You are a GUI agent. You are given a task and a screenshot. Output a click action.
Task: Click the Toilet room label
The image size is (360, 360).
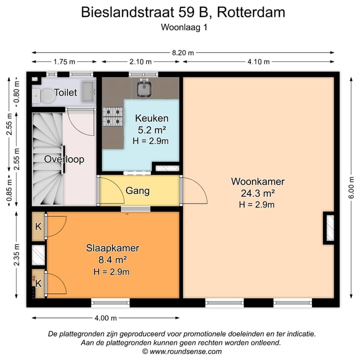65,92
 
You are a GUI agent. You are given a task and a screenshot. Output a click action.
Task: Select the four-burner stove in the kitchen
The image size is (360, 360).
113,116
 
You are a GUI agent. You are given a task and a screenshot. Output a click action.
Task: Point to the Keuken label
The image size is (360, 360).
151,118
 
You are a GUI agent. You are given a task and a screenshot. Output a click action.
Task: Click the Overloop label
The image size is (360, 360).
63,159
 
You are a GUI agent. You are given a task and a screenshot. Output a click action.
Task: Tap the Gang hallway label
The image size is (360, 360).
137,190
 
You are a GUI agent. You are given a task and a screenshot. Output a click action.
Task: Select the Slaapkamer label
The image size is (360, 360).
112,248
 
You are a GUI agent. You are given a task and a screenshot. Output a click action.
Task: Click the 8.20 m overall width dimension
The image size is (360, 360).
183,52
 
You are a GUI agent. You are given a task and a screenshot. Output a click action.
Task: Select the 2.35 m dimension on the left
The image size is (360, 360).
17,255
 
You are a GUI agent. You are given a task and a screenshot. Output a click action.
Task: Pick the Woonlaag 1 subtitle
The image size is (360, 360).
183,28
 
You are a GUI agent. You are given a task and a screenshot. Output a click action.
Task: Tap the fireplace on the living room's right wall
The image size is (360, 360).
329,229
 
